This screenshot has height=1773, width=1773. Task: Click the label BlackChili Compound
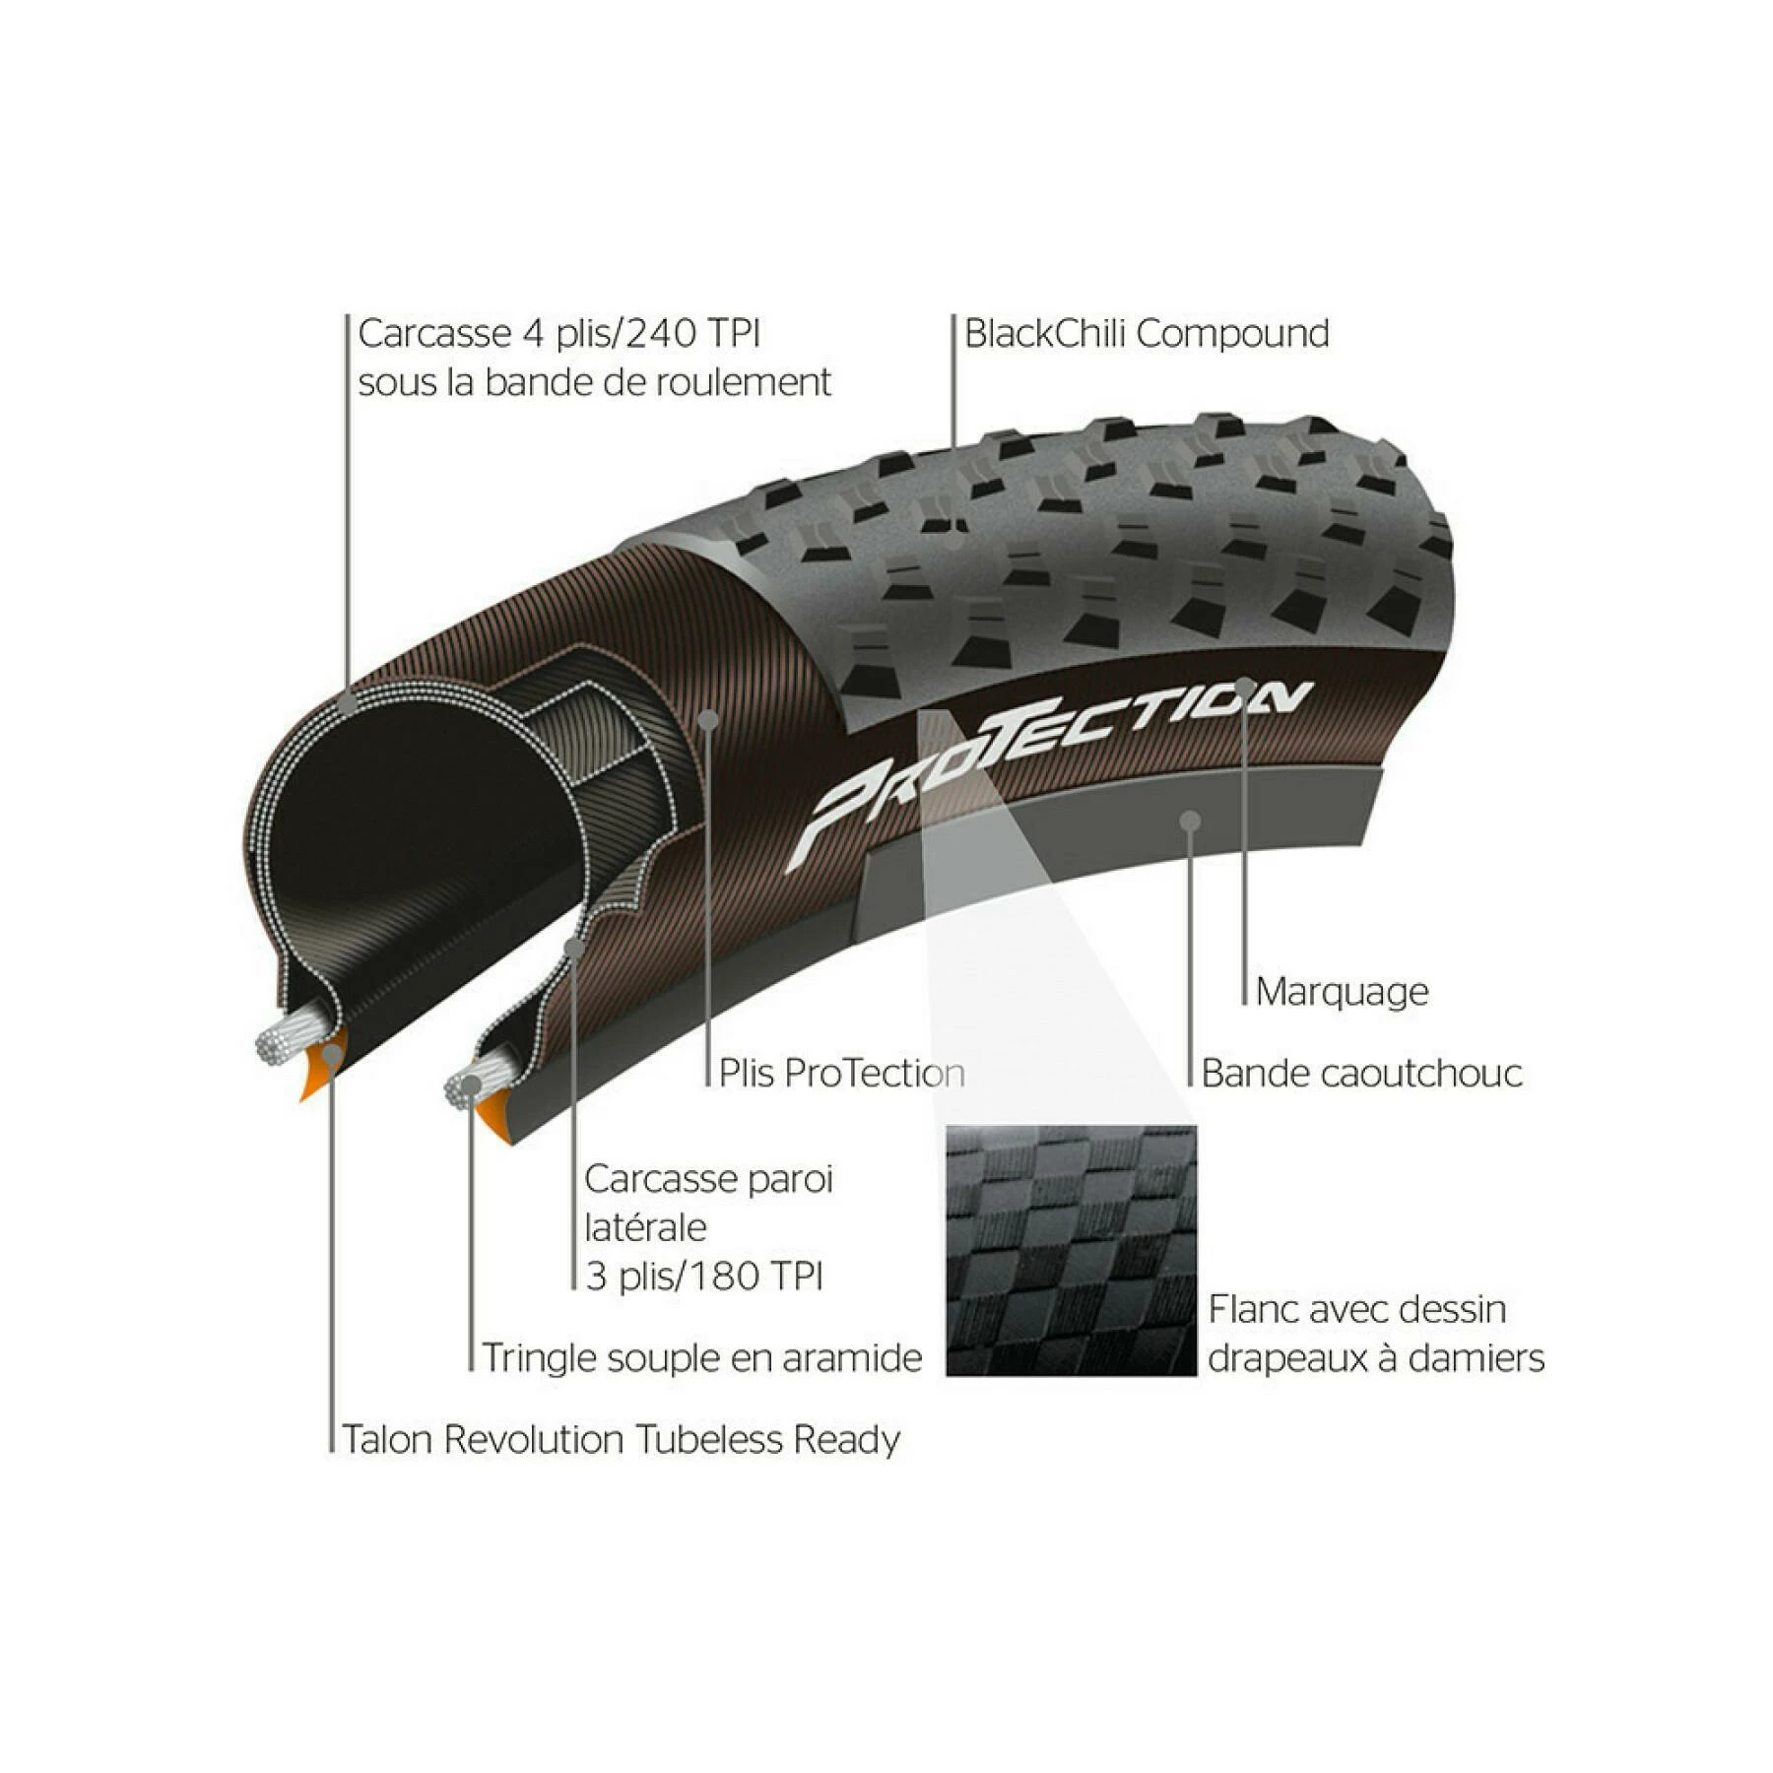pyautogui.click(x=1146, y=334)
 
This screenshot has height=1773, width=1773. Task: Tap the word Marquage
pyautogui.click(x=1342, y=991)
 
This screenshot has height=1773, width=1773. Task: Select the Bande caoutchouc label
pyautogui.click(x=1361, y=1073)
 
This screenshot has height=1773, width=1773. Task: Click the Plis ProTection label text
pyautogui.click(x=841, y=1073)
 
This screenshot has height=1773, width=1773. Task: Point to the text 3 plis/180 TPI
pyautogui.click(x=703, y=1277)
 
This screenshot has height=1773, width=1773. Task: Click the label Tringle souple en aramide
pyautogui.click(x=701, y=1357)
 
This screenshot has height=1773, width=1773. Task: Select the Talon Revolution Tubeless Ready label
pyautogui.click(x=621, y=1439)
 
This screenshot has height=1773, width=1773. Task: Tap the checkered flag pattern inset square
pyautogui.click(x=1071, y=1250)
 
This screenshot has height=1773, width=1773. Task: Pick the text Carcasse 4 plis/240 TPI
pyautogui.click(x=558, y=334)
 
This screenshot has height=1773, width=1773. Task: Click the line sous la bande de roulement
pyautogui.click(x=594, y=382)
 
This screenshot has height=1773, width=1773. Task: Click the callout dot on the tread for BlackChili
pyautogui.click(x=952, y=538)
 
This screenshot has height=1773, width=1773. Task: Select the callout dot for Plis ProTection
pyautogui.click(x=707, y=719)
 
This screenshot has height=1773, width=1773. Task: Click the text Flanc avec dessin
pyautogui.click(x=1356, y=1309)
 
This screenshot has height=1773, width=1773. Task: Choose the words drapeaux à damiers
pyautogui.click(x=1375, y=1357)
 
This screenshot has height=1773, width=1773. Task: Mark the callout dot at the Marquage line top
pyautogui.click(x=1244, y=686)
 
